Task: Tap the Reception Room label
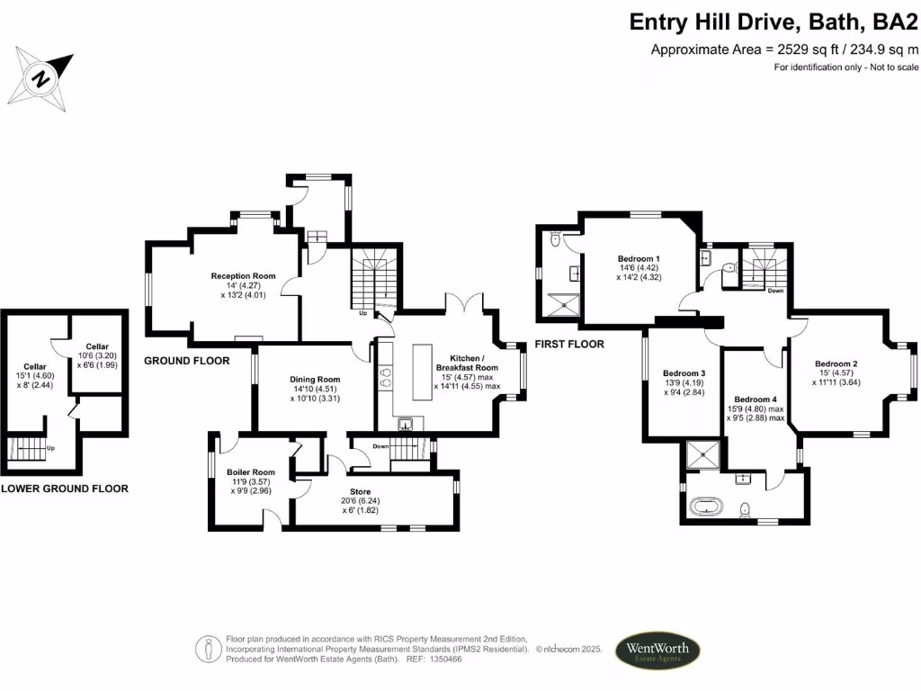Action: tap(243, 276)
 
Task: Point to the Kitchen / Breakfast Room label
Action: tap(467, 362)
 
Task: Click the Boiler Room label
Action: tap(251, 472)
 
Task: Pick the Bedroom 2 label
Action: tap(836, 363)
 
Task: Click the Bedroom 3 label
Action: tap(684, 373)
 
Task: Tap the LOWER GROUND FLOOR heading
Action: tap(64, 489)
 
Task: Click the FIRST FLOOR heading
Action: tap(568, 344)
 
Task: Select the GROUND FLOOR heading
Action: tap(187, 360)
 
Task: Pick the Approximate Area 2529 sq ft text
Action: tap(784, 49)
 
